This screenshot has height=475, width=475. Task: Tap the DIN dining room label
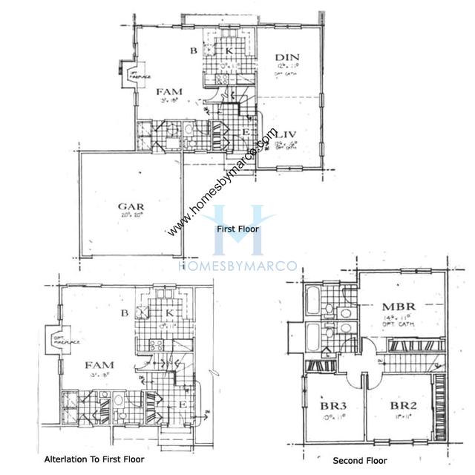click(286, 57)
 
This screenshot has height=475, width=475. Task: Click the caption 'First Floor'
click(238, 230)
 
